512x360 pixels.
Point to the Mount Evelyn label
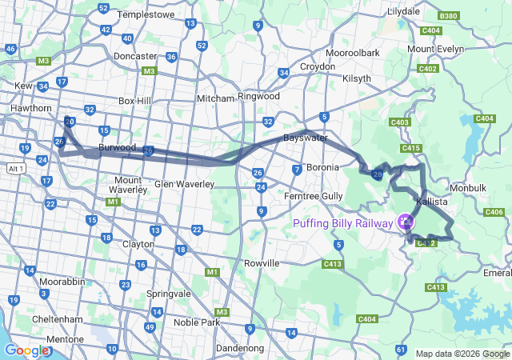coord(435,50)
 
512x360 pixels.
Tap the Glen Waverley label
coord(185,184)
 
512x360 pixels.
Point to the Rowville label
coord(261,263)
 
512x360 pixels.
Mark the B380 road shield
coord(449,16)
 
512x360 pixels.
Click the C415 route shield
coord(412,148)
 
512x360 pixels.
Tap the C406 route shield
coord(494,212)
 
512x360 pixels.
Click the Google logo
coord(26,350)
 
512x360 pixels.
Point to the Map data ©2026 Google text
coord(462,354)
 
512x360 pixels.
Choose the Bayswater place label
coord(306,138)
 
